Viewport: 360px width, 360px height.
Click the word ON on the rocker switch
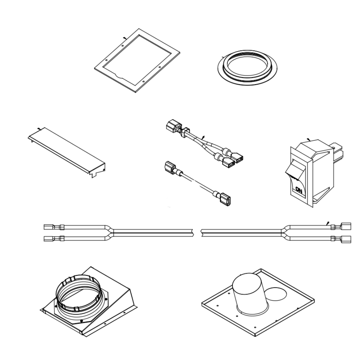pos(298,189)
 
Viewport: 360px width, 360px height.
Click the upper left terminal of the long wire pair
pos(49,227)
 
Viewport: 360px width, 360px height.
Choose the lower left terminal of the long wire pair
pos(49,238)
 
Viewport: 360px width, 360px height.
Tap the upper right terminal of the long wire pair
pos(346,226)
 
